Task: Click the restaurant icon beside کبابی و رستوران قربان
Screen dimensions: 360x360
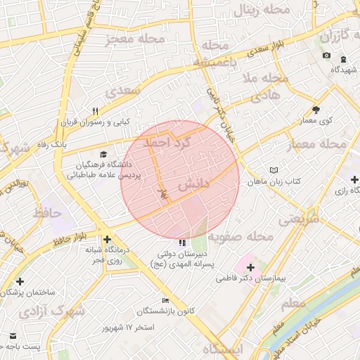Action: (96, 111)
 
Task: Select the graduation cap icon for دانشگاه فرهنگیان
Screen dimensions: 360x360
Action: (104, 154)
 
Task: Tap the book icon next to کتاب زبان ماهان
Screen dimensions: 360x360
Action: (274, 170)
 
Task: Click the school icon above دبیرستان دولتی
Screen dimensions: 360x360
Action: (184, 243)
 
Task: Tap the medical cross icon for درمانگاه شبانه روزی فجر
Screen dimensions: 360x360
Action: (108, 239)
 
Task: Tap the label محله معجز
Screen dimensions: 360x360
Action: (135, 39)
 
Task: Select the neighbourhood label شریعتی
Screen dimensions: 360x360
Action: (298, 218)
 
